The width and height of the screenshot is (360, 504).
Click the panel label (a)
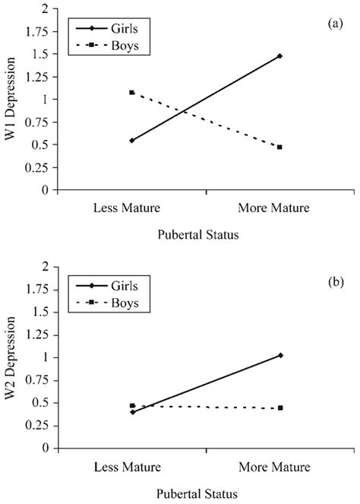[x=335, y=24]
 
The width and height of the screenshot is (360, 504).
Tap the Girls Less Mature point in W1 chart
[x=132, y=141]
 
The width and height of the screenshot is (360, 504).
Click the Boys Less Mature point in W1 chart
[x=132, y=93]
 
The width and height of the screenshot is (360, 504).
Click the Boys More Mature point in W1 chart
[x=280, y=147]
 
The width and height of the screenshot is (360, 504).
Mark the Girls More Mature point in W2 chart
[x=280, y=356]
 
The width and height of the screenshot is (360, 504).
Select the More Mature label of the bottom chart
[x=280, y=465]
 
